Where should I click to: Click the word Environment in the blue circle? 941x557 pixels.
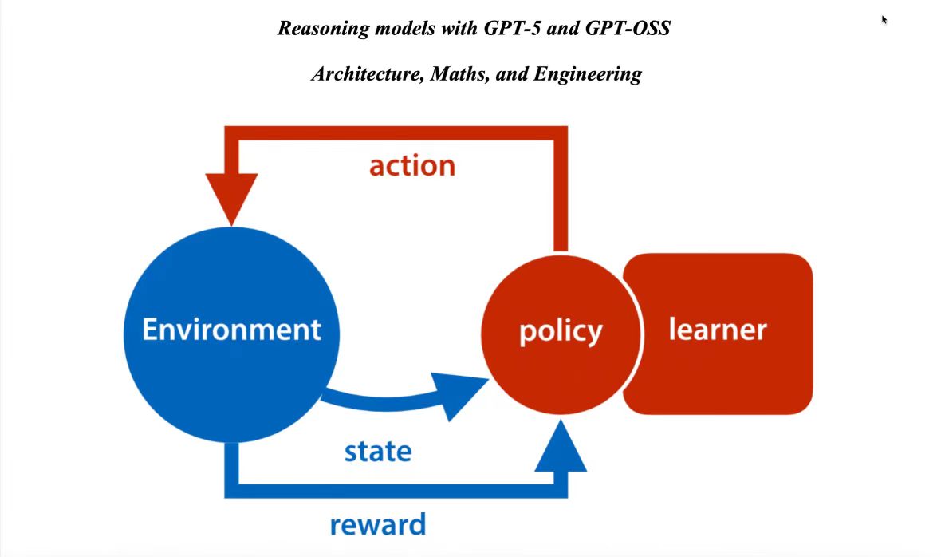[231, 329]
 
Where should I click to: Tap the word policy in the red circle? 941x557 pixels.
[561, 330]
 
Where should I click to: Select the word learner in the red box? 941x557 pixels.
[717, 329]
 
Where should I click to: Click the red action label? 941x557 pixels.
[411, 165]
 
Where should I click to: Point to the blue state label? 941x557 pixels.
[377, 451]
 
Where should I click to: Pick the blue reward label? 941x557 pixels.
[377, 524]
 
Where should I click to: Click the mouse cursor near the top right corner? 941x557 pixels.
[884, 18]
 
